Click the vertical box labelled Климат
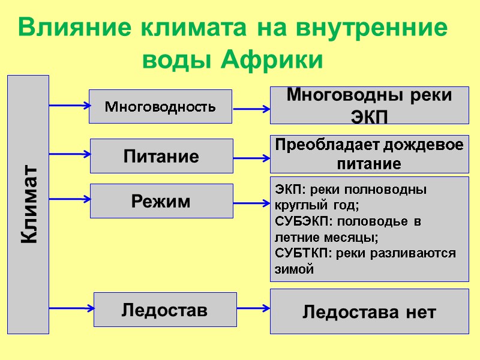coord(28,204)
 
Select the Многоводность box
coord(160,106)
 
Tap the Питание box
coord(161,156)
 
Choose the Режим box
coord(161,200)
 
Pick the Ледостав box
coord(165,310)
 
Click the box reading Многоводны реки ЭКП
coord(369,105)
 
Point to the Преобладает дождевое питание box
coord(369,154)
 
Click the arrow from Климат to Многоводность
coord(69,106)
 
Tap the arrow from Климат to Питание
coord(69,154)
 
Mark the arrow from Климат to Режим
coord(69,198)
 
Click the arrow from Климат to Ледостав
coord(71,308)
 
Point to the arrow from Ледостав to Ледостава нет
coord(253,308)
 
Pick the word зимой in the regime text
coord(294,269)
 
